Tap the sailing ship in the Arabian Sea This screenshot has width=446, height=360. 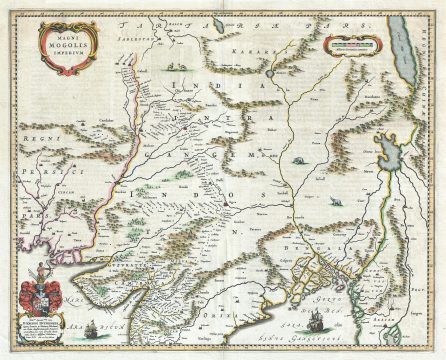coord(91,331)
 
